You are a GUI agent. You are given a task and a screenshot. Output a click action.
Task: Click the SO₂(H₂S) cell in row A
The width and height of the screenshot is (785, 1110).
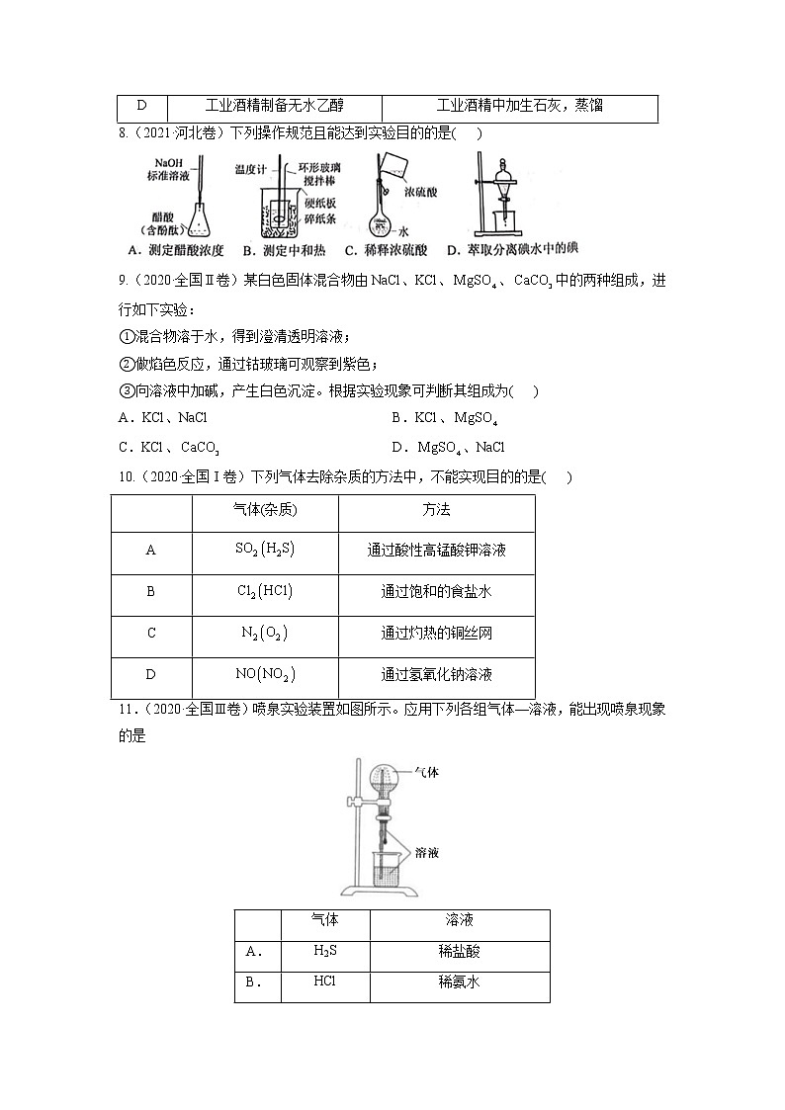pyautogui.click(x=265, y=551)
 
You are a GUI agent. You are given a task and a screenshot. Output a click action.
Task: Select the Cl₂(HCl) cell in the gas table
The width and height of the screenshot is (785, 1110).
pyautogui.click(x=265, y=592)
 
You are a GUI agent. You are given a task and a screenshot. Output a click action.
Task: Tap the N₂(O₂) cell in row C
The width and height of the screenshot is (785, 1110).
pyautogui.click(x=265, y=634)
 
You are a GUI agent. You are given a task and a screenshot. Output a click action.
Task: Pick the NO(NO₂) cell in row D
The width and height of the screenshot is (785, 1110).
pyautogui.click(x=265, y=675)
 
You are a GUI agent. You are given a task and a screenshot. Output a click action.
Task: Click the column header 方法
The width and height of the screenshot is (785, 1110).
pyautogui.click(x=436, y=510)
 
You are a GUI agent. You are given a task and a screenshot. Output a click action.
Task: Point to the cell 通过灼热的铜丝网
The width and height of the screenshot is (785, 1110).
pyautogui.click(x=436, y=634)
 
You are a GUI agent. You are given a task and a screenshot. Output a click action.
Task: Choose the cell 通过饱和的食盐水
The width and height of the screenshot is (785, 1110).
pyautogui.click(x=436, y=592)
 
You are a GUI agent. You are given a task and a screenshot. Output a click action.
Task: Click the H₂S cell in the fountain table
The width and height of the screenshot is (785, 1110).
pyautogui.click(x=325, y=953)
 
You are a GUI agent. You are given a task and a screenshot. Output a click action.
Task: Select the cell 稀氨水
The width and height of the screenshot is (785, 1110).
pyautogui.click(x=459, y=983)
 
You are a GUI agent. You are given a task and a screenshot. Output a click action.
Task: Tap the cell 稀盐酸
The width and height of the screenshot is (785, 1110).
pyautogui.click(x=459, y=953)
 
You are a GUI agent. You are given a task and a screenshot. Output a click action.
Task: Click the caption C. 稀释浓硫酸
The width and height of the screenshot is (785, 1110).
pyautogui.click(x=389, y=250)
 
